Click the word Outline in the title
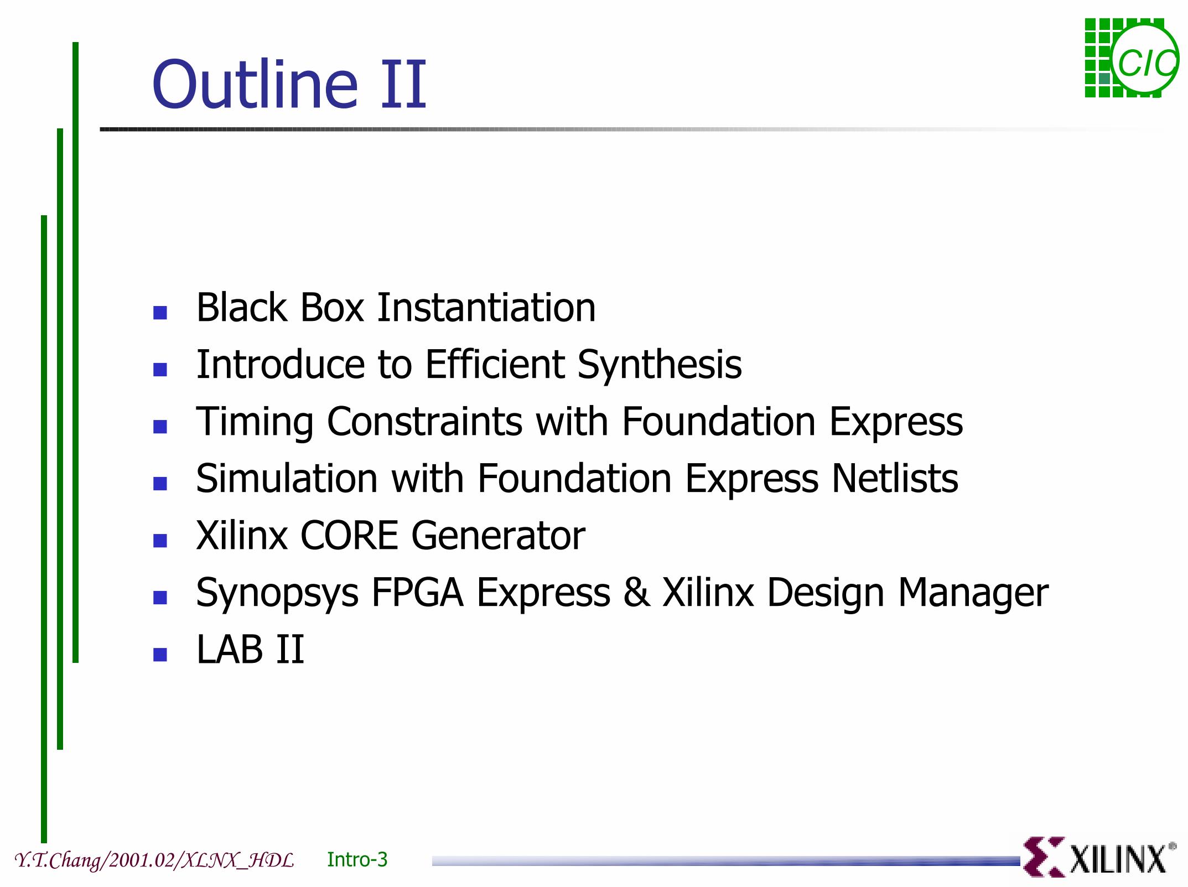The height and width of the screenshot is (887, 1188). [x=255, y=84]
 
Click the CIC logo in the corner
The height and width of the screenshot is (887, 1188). [x=1131, y=58]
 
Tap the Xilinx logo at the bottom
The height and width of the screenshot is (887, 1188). [x=1099, y=857]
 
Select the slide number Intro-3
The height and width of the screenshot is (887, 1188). [x=357, y=859]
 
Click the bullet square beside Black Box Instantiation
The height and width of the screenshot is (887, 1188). [x=160, y=313]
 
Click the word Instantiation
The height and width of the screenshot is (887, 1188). [x=486, y=307]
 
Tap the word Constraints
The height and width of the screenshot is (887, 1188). [x=424, y=422]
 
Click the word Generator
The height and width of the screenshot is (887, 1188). [x=498, y=536]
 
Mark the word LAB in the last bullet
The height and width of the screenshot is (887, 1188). [x=230, y=649]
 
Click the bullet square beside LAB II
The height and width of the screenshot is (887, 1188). [x=160, y=655]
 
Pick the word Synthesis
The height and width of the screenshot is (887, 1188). [x=660, y=366]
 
